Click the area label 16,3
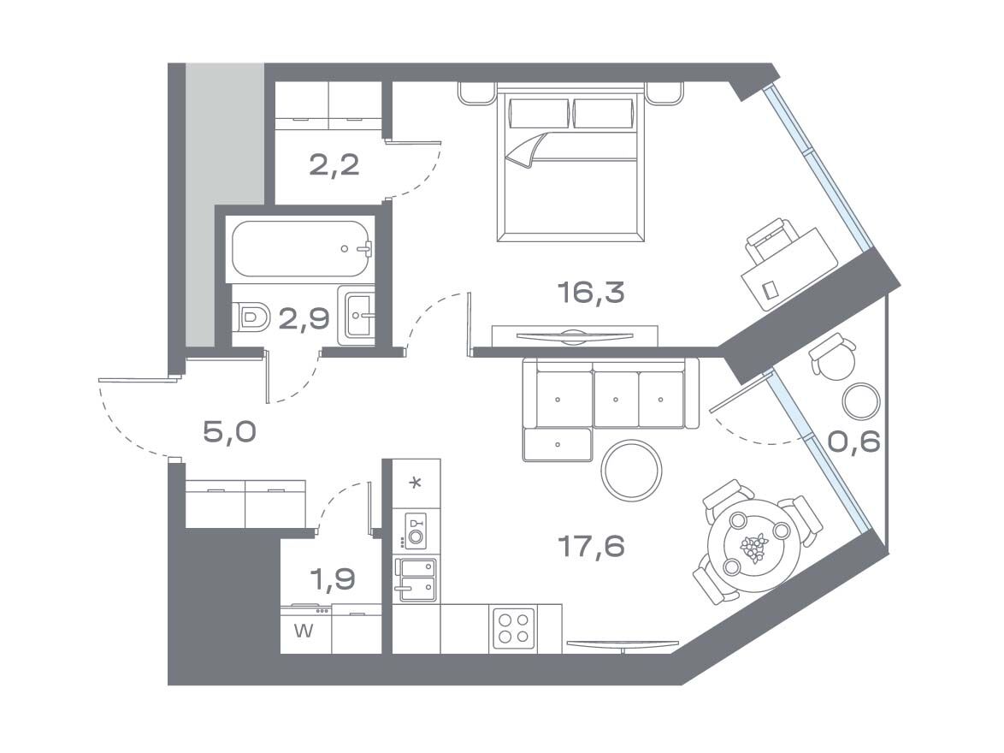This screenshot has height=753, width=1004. (590, 293)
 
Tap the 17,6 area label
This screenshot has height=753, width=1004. (590, 547)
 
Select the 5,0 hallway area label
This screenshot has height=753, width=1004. (229, 432)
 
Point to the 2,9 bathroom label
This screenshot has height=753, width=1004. (304, 317)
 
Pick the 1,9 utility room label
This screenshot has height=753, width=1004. (333, 579)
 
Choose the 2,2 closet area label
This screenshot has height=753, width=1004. (334, 165)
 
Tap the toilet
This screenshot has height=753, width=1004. (251, 317)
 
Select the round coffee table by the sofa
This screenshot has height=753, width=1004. (631, 470)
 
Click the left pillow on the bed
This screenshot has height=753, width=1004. (539, 114)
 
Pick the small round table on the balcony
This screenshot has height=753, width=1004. (861, 401)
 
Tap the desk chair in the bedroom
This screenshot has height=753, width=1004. (770, 240)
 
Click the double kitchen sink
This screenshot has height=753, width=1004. (415, 580)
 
